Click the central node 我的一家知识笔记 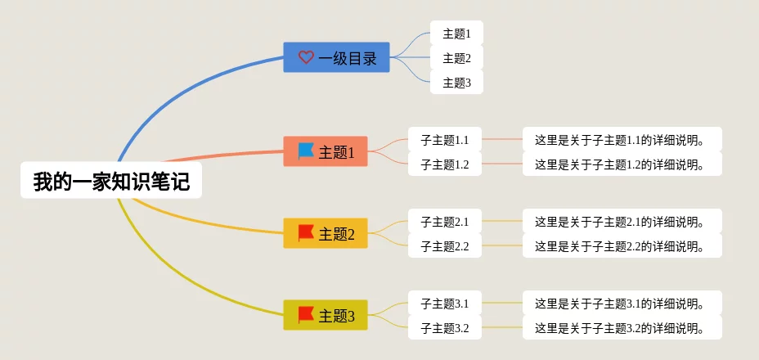(x=111, y=180)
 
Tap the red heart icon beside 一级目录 (x=306, y=57)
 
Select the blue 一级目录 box (x=336, y=57)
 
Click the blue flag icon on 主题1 (x=306, y=151)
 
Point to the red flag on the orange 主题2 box (x=306, y=233)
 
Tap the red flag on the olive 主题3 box (x=306, y=315)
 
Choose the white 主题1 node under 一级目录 (x=456, y=34)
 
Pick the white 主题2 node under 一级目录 (x=456, y=58)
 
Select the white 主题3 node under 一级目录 (x=456, y=83)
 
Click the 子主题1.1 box (x=445, y=140)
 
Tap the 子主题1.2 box (x=445, y=164)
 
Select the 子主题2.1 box (x=445, y=222)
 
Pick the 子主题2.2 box (x=445, y=246)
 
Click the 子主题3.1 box (x=445, y=304)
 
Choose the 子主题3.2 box (x=445, y=328)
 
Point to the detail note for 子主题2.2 (x=622, y=246)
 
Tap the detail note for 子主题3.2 (x=622, y=328)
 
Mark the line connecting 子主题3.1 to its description (x=502, y=303)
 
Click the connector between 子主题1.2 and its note (x=502, y=164)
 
